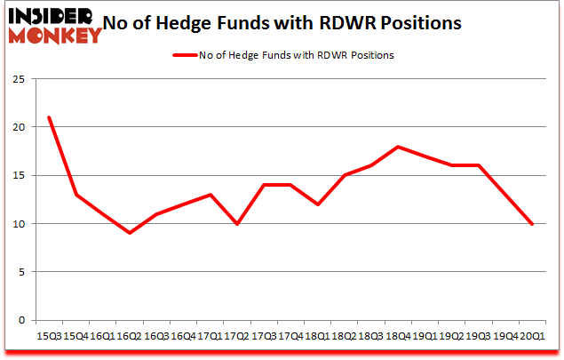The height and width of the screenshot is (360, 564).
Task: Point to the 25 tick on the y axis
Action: (x=17, y=78)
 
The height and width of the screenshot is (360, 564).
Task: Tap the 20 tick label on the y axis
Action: (x=17, y=126)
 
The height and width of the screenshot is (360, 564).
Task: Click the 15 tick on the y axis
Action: (x=17, y=175)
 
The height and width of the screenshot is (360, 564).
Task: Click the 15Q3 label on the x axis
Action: (x=49, y=335)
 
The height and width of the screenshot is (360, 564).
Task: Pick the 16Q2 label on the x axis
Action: (x=130, y=335)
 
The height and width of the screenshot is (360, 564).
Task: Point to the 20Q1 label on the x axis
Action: (x=532, y=335)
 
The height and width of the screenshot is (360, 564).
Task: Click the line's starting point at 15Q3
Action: (x=49, y=117)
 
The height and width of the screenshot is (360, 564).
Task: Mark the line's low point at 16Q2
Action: (x=130, y=233)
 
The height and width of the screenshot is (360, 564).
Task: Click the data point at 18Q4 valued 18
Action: (x=398, y=147)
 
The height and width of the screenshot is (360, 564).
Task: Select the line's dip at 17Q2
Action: (x=237, y=223)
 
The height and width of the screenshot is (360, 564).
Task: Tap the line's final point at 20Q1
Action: (x=532, y=223)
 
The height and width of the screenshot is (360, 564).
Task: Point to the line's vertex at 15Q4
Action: (x=75, y=195)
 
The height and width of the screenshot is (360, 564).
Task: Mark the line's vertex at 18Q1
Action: (x=317, y=204)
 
